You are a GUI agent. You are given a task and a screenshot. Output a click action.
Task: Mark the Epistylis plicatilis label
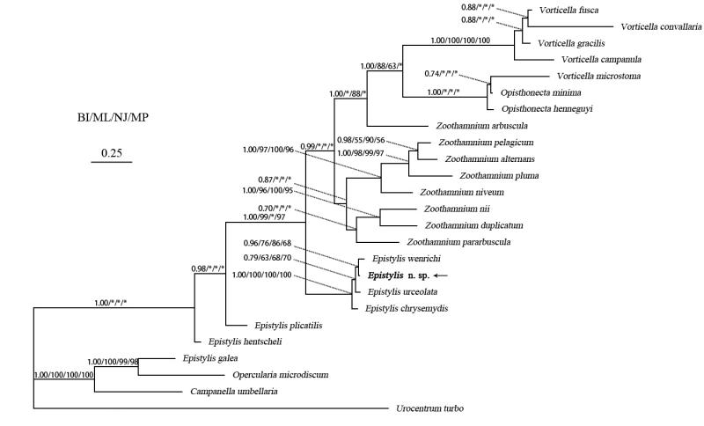[x=288, y=325]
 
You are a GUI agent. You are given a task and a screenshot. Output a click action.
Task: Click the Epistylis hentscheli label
[x=243, y=342]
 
